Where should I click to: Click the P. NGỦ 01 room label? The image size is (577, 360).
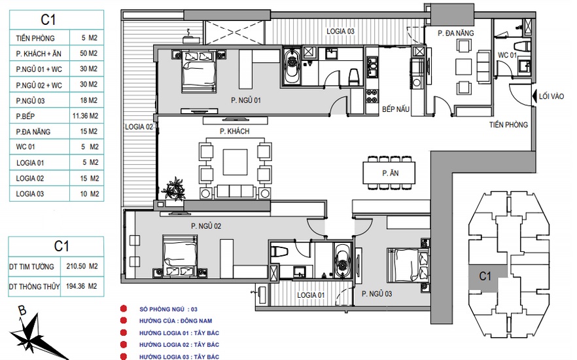click(x=246, y=100)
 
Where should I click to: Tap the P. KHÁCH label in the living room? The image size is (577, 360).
click(x=234, y=131)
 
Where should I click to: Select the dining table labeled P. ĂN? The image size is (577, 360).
click(x=389, y=173)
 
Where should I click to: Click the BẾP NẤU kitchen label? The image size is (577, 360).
click(x=396, y=109)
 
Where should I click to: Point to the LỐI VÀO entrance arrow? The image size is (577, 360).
click(x=534, y=96)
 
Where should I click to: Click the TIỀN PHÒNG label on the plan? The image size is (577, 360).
click(x=508, y=125)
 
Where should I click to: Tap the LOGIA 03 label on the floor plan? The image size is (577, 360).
click(x=340, y=31)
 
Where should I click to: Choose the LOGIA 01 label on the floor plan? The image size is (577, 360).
click(x=311, y=295)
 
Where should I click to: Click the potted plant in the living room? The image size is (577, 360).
click(x=173, y=189)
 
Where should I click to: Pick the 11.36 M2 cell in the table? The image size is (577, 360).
click(x=85, y=116)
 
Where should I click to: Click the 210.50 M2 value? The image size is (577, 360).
click(x=82, y=266)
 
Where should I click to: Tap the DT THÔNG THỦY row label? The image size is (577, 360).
click(x=34, y=287)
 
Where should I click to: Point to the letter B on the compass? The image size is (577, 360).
click(x=22, y=311)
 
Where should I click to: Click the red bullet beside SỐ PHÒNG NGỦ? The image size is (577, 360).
click(x=124, y=309)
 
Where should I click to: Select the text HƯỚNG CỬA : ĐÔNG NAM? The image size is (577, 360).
click(x=175, y=321)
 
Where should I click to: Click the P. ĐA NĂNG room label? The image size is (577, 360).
click(x=455, y=33)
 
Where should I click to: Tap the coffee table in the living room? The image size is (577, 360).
click(x=235, y=162)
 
